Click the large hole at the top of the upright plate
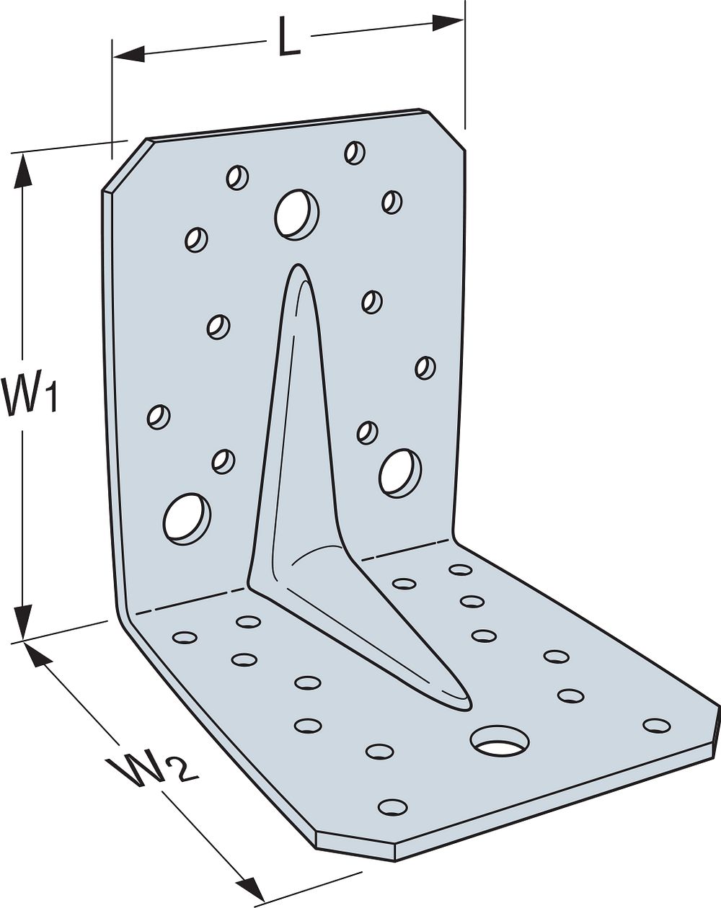297,213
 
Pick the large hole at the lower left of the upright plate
187,517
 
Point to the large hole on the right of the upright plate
400,473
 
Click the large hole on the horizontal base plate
499,740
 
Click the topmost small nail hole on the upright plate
355,152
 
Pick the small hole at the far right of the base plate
656,726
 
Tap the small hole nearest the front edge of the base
392,806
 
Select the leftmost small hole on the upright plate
158,417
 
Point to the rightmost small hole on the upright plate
425,368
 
